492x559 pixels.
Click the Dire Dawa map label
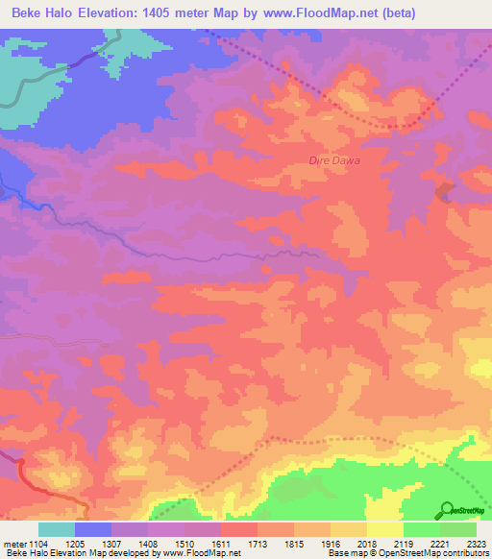tap(334, 160)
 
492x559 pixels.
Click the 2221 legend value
tap(438, 543)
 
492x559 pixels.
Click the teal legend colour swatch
tap(57, 529)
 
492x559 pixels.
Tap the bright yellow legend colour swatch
tap(385, 529)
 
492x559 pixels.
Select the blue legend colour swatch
tap(93, 529)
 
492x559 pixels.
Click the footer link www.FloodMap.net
tap(202, 554)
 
